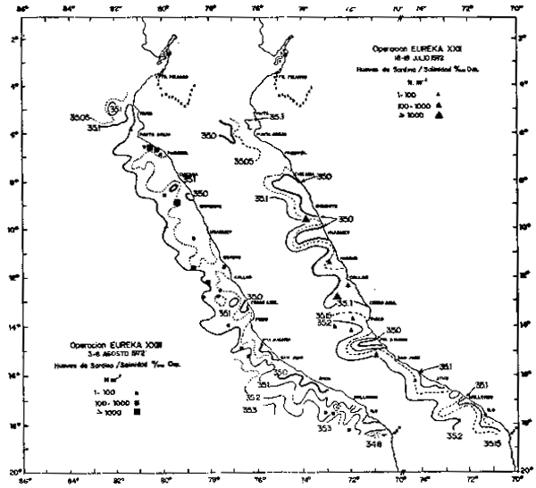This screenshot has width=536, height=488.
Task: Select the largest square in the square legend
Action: coord(137,413)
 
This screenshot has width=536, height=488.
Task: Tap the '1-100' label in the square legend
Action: coord(91,391)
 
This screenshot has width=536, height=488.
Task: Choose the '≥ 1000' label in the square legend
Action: coord(91,413)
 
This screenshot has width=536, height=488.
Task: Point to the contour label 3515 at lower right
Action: coord(490,442)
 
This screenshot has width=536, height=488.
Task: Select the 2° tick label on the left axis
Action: coord(15,39)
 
